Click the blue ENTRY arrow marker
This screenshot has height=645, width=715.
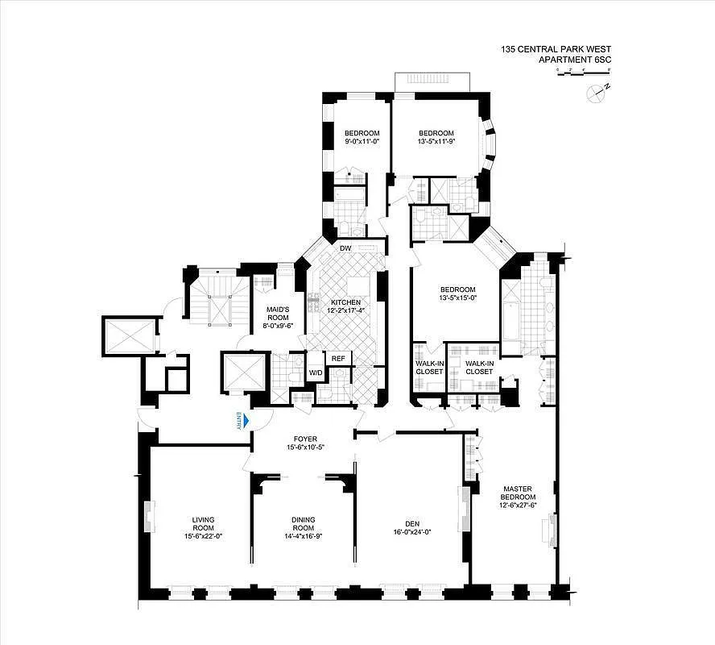(246, 422)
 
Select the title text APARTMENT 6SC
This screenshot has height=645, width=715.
(583, 59)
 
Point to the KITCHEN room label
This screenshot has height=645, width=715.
(345, 302)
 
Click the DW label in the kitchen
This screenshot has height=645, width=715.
(345, 248)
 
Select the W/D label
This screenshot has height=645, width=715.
(316, 372)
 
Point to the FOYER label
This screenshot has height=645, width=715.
(305, 439)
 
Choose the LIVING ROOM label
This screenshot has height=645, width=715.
(202, 524)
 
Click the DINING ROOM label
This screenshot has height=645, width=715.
(304, 524)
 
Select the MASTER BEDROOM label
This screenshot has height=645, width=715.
(518, 493)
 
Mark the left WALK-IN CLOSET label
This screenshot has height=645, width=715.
(428, 367)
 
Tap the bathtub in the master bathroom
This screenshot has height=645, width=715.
(512, 318)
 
